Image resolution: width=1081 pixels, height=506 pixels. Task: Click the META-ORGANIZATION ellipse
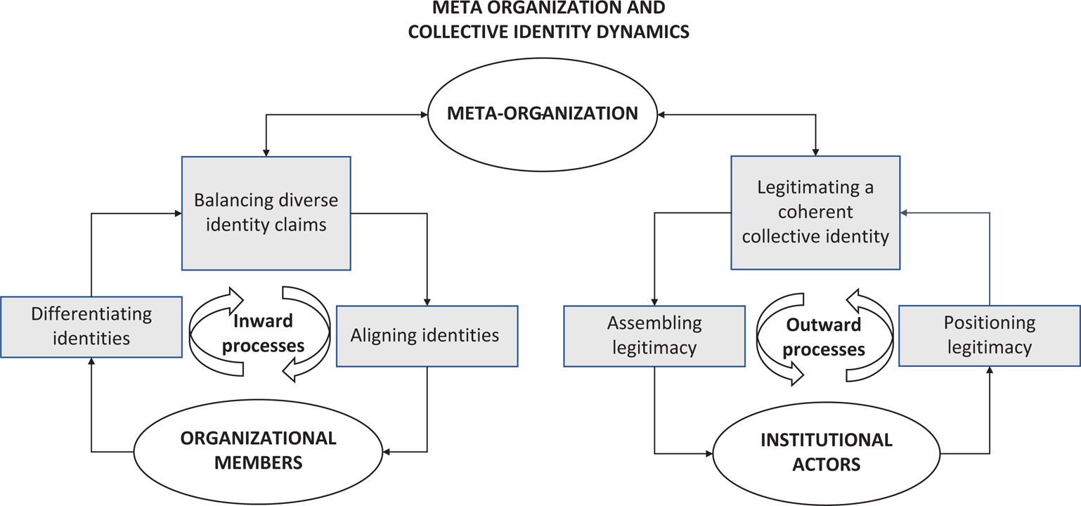[x=542, y=113]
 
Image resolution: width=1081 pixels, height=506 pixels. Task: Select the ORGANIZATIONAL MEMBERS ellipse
[x=259, y=450]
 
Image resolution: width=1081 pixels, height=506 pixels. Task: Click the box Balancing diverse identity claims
[x=266, y=212]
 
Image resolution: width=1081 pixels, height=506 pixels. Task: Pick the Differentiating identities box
[x=91, y=325]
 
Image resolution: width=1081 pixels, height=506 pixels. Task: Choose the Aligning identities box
[x=427, y=335]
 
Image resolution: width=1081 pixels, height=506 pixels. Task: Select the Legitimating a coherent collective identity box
[x=815, y=212]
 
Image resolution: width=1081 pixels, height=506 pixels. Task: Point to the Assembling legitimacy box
[x=654, y=335]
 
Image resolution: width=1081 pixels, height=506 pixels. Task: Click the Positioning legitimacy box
[x=989, y=335]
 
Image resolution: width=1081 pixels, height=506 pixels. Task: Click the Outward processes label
[x=823, y=337]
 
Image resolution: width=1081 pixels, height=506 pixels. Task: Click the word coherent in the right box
[x=815, y=212]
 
